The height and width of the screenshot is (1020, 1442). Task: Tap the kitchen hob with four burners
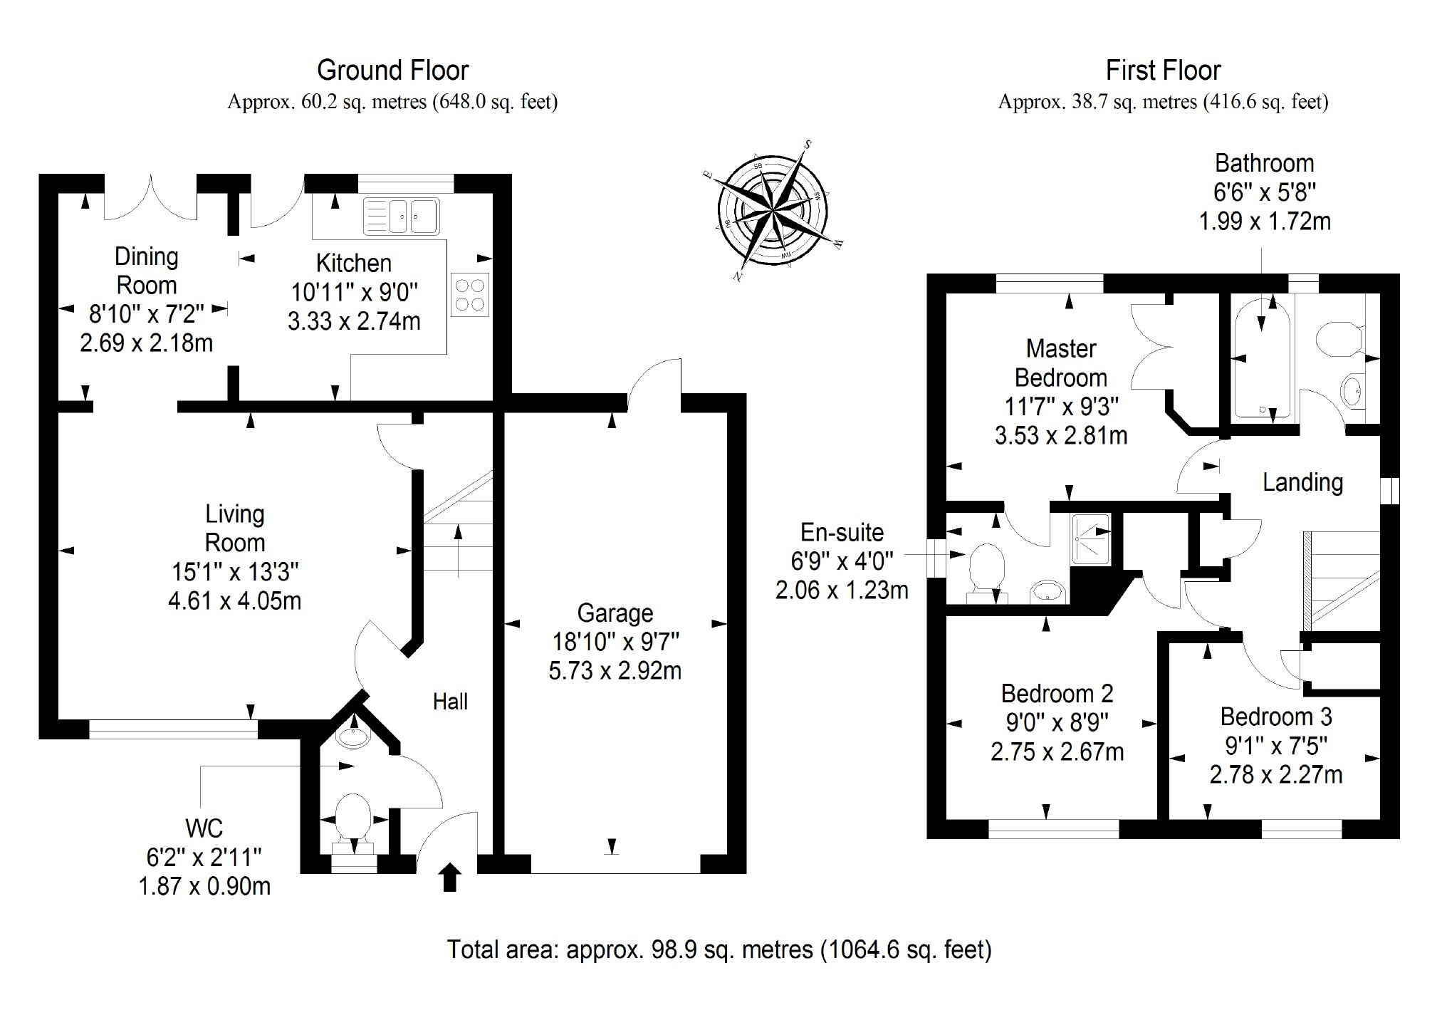470,295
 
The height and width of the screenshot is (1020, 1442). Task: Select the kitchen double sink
402,216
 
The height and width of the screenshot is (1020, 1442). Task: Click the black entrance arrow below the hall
450,877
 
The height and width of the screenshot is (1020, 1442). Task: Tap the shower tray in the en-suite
1090,539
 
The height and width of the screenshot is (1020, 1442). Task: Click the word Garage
615,613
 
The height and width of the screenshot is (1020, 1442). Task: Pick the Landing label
1302,482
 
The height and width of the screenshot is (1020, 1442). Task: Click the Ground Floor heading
392,71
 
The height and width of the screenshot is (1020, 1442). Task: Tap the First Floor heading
1163,71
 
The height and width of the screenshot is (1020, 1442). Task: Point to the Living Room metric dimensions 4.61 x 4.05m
234,600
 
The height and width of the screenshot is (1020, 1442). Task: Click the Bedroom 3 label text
1275,717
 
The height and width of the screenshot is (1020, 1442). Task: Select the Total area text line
719,949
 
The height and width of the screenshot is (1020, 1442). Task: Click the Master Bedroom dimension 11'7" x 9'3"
1061,407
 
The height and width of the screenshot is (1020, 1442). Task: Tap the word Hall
450,702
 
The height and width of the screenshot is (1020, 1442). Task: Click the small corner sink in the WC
352,736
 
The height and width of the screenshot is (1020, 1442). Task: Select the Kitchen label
353,264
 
